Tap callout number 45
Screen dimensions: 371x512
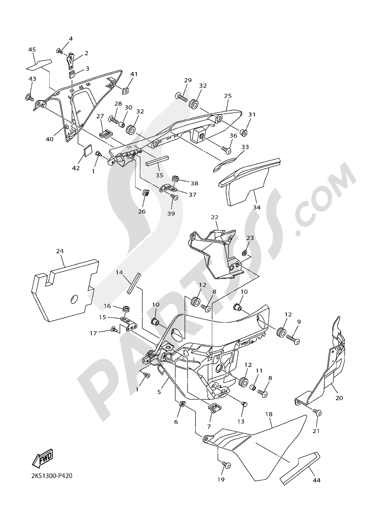pos(32,49)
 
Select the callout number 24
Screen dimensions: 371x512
pos(60,251)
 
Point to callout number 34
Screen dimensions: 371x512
pos(257,207)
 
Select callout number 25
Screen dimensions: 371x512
pos(228,96)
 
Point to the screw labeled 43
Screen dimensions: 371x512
pos(29,98)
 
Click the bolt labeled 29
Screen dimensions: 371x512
pos(182,97)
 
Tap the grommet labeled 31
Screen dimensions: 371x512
pos(243,133)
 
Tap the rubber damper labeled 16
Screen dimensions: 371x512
pos(127,308)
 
